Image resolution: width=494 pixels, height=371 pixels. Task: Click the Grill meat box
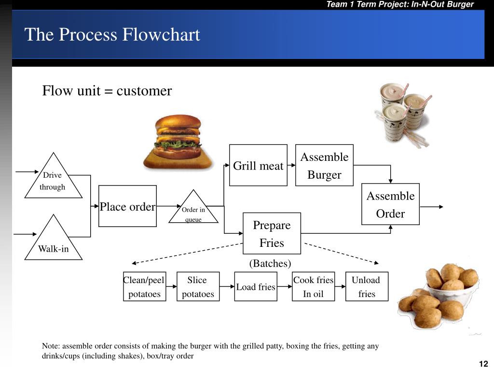point(258,165)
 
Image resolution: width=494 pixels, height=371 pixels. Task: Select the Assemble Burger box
point(324,165)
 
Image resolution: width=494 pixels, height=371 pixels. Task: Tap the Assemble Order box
point(390,204)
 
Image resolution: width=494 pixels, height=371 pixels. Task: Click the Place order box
point(127,206)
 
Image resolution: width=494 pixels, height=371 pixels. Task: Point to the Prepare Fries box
point(272,233)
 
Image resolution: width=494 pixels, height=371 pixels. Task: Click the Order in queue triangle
point(193,211)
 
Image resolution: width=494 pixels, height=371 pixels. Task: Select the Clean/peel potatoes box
point(144,286)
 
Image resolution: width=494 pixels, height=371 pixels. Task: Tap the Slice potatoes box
point(198,286)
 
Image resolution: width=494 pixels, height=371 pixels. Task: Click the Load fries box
point(256,286)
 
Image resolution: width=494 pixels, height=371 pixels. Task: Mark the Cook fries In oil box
point(313,286)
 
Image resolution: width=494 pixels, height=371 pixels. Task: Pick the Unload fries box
point(367,286)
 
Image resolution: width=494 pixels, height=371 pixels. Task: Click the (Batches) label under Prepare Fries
point(270,263)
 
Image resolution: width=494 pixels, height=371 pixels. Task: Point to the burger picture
point(178,142)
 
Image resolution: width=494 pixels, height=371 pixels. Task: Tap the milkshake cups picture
point(403,114)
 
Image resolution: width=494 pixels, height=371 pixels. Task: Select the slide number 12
point(483,364)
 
